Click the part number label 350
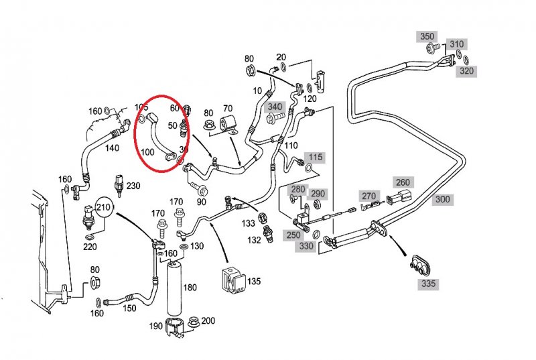click(427, 36)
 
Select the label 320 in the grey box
click(466, 71)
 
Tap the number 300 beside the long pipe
click(443, 199)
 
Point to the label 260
click(403, 182)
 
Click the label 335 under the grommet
click(429, 284)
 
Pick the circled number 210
click(103, 206)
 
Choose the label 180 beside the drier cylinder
click(190, 288)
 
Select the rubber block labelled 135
click(232, 280)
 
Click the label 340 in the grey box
click(275, 107)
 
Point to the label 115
click(316, 158)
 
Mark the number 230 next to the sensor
click(133, 186)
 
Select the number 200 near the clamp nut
click(208, 320)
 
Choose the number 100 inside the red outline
click(147, 152)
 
